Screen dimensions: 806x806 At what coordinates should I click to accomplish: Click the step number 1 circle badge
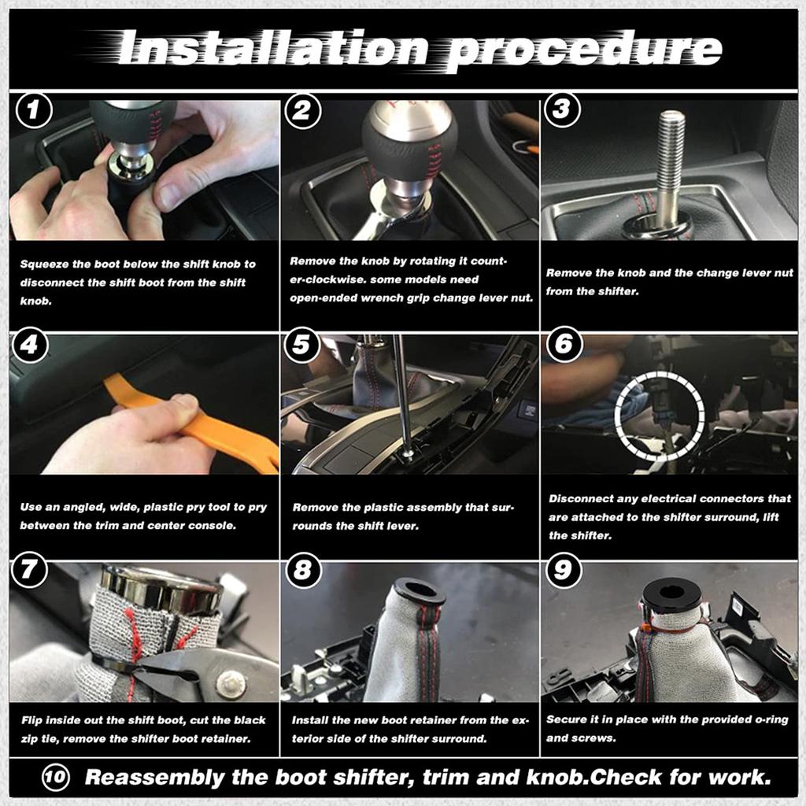click(x=32, y=111)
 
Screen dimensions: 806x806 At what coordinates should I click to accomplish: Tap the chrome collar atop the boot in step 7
click(x=162, y=586)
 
